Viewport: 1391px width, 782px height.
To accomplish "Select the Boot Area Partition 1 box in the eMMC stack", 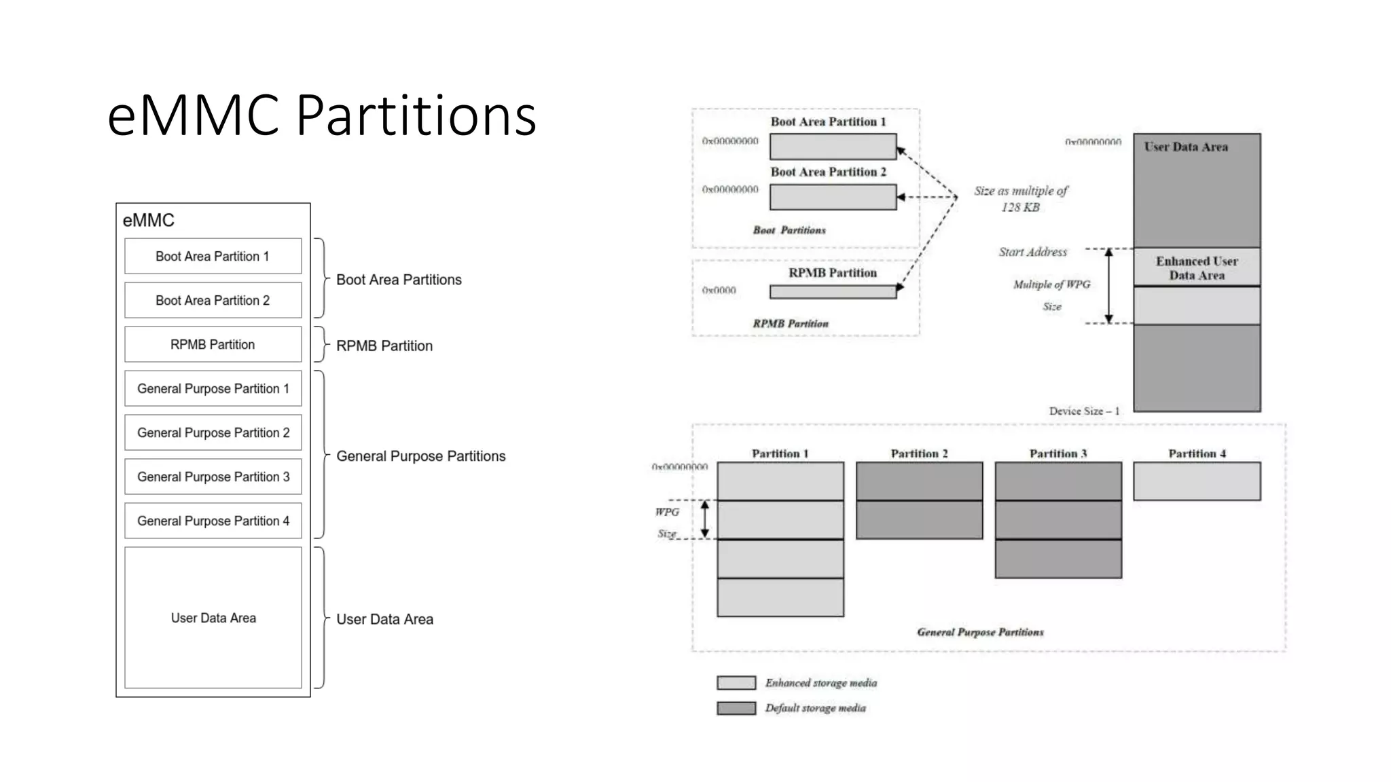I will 213,256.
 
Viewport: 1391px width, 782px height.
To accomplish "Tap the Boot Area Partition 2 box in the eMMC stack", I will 213,300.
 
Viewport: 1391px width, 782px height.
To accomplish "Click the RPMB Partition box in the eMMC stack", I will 213,344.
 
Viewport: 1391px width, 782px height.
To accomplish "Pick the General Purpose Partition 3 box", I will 213,477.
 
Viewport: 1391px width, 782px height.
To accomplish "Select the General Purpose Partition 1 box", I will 213,388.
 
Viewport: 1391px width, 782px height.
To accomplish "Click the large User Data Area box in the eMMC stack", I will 213,618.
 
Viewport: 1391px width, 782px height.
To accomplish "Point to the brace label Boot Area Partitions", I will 399,280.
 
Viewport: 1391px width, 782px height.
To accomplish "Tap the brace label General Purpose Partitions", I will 420,456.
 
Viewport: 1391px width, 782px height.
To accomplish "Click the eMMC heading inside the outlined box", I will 148,220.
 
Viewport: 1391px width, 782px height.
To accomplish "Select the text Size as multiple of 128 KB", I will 1020,199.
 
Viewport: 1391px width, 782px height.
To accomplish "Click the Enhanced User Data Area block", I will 1196,268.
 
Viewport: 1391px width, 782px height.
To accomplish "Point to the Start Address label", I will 1032,252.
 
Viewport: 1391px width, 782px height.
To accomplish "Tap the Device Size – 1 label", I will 1083,411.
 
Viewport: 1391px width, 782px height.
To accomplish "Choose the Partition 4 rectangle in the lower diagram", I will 1196,481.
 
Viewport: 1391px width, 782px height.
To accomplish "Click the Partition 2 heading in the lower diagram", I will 919,453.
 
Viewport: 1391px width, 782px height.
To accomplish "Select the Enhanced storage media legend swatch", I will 736,683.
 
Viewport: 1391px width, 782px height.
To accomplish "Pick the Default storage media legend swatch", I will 736,708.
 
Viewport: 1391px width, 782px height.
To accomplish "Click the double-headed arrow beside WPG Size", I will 705,519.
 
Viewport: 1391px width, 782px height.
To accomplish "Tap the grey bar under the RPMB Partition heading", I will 832,292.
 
